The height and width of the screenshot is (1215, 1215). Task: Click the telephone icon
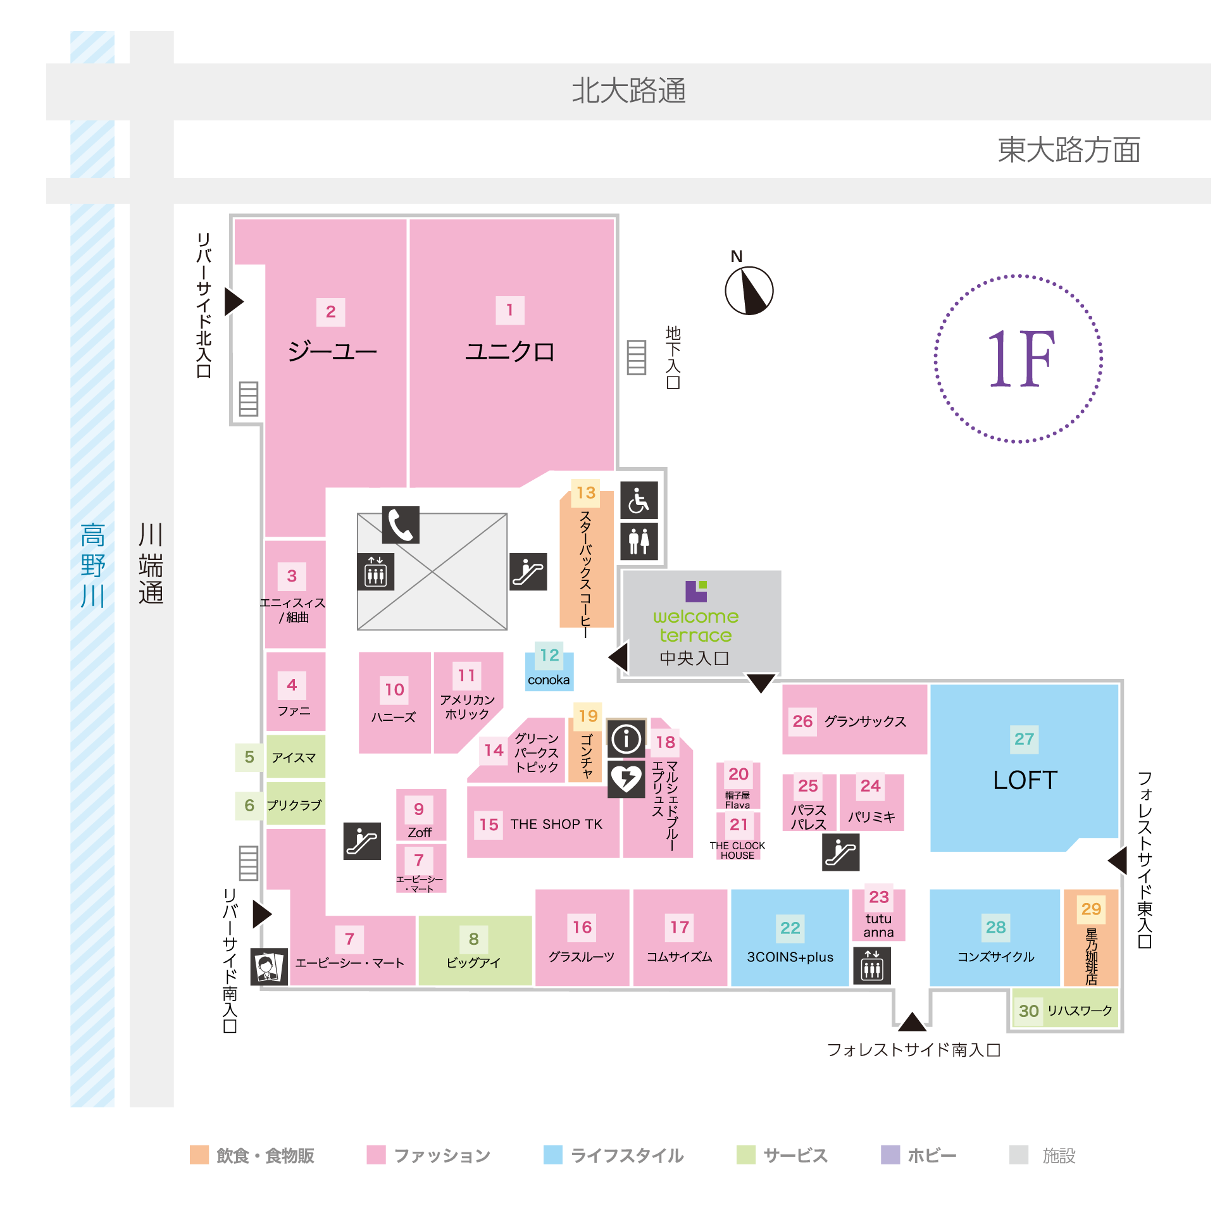(401, 525)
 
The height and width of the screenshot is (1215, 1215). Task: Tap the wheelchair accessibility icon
(639, 500)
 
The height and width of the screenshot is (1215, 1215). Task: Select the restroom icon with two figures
(639, 541)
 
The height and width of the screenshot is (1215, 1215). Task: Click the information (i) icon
(626, 738)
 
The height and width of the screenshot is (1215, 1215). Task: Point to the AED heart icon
(626, 778)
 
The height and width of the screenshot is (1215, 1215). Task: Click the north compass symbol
(749, 290)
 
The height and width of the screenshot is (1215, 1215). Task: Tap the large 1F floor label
(1019, 359)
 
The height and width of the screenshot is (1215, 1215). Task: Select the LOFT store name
(1025, 780)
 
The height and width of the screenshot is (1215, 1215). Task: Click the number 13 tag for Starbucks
(586, 492)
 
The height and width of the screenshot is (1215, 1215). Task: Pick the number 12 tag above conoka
(549, 655)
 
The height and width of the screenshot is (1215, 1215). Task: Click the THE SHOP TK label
(556, 824)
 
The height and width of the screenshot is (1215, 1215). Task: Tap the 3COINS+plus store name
(790, 957)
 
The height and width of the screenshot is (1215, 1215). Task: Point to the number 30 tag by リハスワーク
(1028, 1011)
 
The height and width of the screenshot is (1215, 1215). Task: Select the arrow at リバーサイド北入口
(234, 301)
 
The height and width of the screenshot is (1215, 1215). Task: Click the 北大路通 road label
(628, 90)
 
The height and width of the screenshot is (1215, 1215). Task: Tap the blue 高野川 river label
(92, 565)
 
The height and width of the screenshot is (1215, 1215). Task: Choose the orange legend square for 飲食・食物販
(199, 1154)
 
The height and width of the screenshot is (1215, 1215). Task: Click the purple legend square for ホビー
(890, 1154)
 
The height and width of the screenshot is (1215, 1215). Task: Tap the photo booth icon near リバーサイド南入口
(269, 966)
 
